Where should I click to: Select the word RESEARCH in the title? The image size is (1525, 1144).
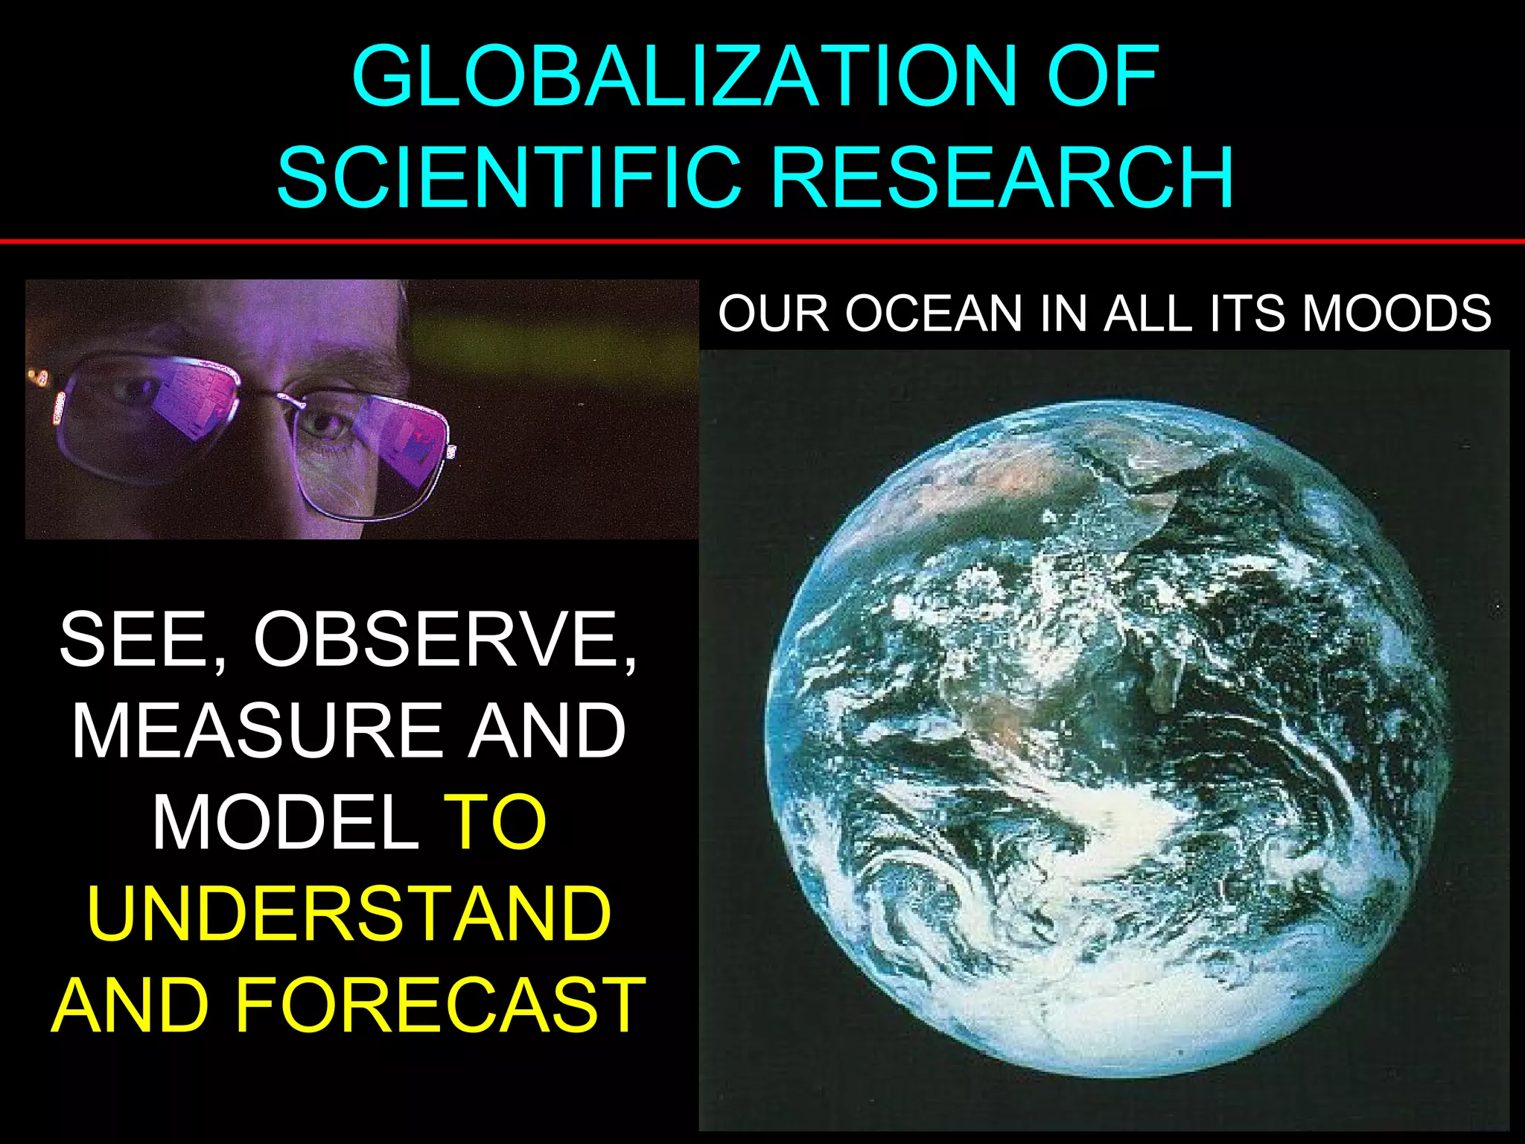tap(1002, 177)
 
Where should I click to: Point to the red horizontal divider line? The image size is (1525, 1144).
tap(762, 241)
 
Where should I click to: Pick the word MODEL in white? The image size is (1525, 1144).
tap(286, 822)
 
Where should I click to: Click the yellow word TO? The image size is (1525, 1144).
tap(495, 822)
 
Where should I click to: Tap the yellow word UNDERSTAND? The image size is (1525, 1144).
tap(349, 914)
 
